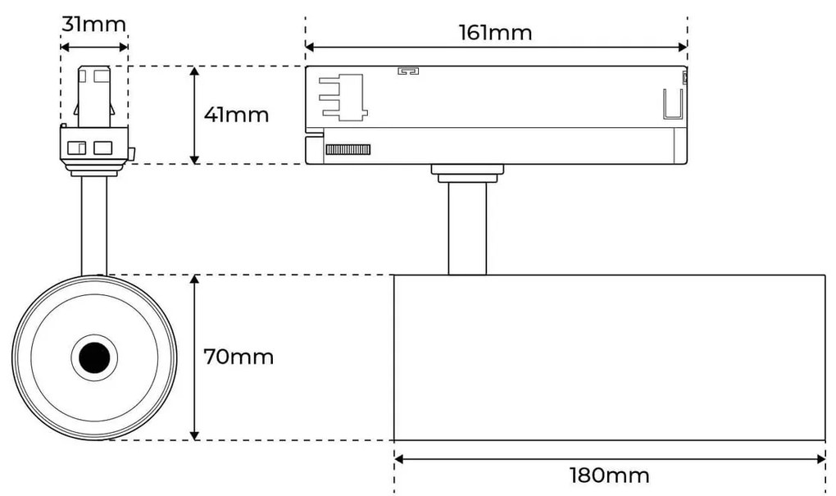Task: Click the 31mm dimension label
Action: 93,24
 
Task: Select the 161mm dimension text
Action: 495,33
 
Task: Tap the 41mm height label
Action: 236,115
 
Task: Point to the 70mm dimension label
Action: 239,357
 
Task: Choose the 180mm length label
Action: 610,476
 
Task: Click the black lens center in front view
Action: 94,357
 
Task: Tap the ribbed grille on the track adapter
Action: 348,149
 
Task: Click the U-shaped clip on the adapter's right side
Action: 673,105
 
